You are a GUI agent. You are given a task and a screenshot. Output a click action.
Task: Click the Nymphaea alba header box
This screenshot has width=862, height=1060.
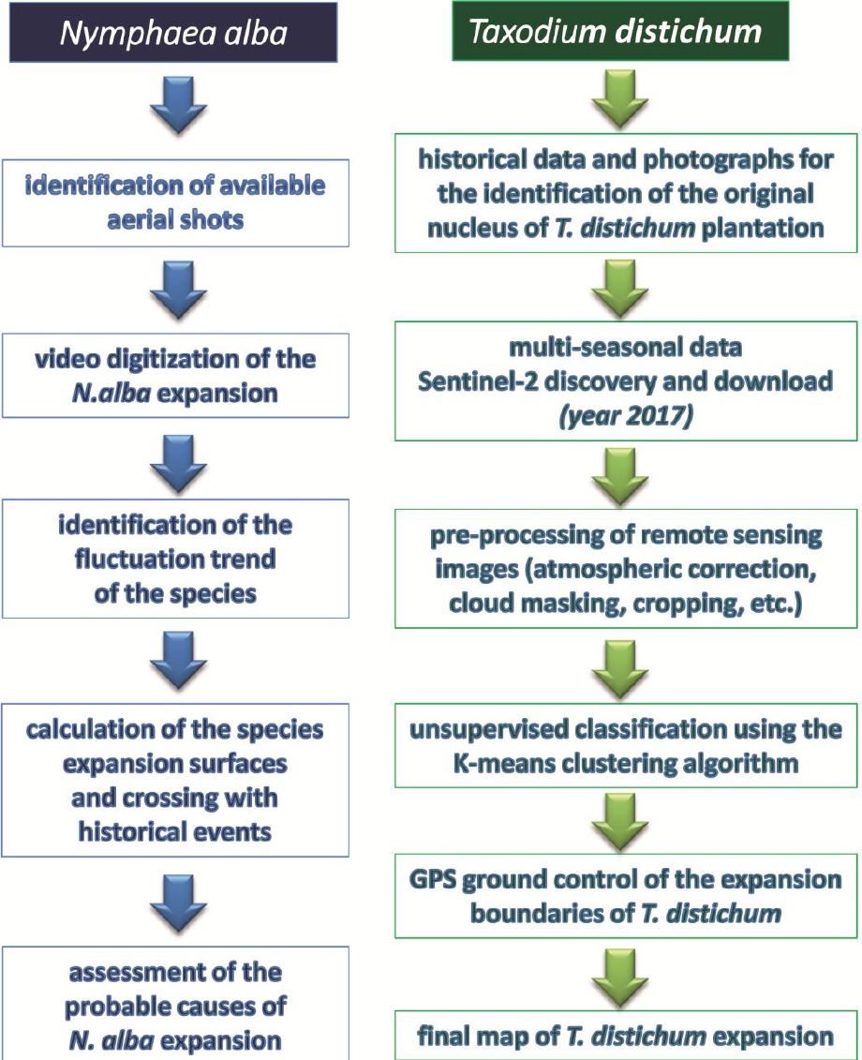point(173,33)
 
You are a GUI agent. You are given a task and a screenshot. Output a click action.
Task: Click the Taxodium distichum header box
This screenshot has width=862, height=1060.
point(620,31)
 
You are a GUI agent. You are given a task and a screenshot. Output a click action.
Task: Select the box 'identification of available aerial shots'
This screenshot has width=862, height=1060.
point(175,202)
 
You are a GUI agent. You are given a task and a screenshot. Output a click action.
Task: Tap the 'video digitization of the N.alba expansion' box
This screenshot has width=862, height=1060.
point(175,375)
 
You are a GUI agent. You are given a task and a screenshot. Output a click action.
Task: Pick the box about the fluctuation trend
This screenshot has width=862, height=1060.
point(175,559)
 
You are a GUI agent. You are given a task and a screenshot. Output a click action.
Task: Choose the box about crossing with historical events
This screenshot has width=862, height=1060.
point(175,780)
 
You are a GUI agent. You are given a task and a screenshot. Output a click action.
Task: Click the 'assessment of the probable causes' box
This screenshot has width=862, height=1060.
point(175,1003)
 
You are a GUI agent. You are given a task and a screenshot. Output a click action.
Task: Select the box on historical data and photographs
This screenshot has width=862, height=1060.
point(626,193)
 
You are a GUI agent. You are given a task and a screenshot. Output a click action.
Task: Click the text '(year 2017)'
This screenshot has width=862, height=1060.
point(626,415)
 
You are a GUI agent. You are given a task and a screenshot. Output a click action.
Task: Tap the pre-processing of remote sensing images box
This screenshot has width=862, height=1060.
point(626,569)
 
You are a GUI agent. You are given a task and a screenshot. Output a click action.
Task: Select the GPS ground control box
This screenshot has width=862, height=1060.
point(626,896)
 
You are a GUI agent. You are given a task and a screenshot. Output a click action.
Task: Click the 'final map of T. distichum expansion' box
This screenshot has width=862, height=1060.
point(626,1035)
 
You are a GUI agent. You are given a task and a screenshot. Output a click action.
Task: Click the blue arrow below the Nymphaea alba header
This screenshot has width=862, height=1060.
point(178,106)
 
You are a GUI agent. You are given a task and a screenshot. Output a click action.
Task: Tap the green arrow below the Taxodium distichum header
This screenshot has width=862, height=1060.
point(620,99)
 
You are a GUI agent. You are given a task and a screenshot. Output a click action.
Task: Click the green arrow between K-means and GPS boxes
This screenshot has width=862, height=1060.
point(620,822)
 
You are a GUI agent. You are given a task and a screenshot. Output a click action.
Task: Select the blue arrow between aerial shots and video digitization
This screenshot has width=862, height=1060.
point(178,290)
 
